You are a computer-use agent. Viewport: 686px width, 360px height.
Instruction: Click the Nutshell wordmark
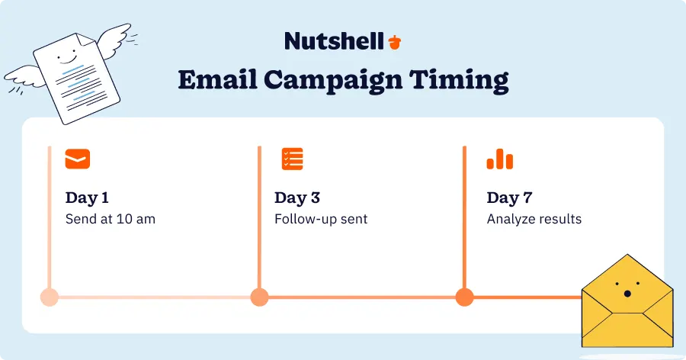pyautogui.click(x=333, y=40)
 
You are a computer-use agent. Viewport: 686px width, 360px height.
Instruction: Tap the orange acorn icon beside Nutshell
pyautogui.click(x=394, y=41)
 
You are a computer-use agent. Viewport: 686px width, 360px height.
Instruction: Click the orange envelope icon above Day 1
pyautogui.click(x=78, y=159)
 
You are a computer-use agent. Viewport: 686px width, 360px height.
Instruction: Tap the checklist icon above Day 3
pyautogui.click(x=292, y=159)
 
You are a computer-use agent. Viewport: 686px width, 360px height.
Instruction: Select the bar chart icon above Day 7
pyautogui.click(x=500, y=159)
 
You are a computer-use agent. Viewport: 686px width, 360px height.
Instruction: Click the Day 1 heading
pyautogui.click(x=87, y=198)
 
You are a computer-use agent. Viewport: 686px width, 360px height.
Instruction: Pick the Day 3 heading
pyautogui.click(x=297, y=198)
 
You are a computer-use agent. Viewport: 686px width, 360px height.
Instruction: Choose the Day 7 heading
pyautogui.click(x=509, y=198)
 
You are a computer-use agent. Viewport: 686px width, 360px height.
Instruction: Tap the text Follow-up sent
pyautogui.click(x=321, y=220)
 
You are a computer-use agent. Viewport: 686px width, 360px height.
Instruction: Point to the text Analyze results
pyautogui.click(x=534, y=220)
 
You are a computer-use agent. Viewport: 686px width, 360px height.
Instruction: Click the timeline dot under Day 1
pyautogui.click(x=50, y=297)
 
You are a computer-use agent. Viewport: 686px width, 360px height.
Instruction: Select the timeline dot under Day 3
pyautogui.click(x=259, y=297)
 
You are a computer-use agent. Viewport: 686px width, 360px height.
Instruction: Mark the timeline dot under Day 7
pyautogui.click(x=464, y=297)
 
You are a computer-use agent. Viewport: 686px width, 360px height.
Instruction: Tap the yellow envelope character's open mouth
pyautogui.click(x=627, y=294)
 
